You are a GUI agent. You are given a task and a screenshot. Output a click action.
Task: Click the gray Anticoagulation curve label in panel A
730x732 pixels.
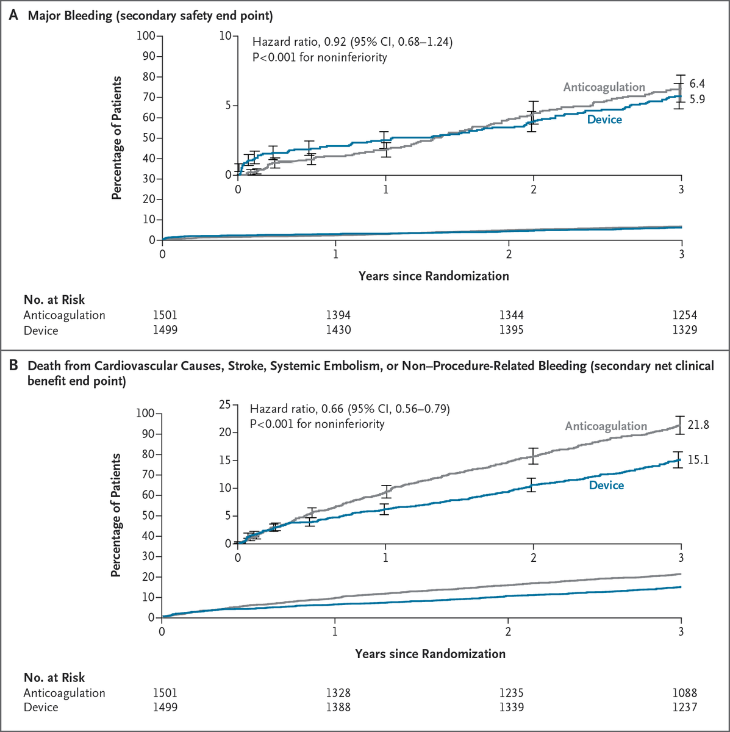tap(604, 87)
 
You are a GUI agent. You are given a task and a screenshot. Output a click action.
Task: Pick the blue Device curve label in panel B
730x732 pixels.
tap(606, 486)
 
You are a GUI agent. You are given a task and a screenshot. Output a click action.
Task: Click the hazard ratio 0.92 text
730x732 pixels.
tap(352, 42)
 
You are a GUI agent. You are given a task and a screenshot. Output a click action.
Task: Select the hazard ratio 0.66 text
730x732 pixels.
tap(349, 409)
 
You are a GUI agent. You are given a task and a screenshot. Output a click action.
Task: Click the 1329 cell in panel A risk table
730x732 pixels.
tap(684, 331)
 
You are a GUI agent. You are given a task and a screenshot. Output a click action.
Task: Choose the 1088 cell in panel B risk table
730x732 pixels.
tap(684, 693)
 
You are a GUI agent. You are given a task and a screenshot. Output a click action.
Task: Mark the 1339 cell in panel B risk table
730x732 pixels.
tap(510, 708)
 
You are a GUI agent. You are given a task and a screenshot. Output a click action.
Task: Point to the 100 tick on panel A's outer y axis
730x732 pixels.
tap(146, 36)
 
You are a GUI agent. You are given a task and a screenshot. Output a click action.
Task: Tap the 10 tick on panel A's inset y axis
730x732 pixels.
tap(226, 36)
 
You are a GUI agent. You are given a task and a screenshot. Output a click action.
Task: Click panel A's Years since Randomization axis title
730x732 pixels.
tap(434, 276)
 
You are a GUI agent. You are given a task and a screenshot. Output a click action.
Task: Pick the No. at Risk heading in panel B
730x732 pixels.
tap(54, 678)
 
